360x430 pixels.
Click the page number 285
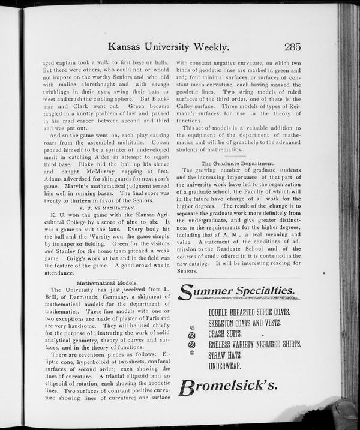293,47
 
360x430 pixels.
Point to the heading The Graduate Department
238,163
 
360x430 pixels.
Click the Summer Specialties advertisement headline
237,292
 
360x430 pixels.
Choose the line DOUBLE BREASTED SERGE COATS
250,312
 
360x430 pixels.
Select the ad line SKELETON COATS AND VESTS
245,323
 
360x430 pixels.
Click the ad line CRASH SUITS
225,333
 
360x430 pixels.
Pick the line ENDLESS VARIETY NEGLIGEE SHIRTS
255,344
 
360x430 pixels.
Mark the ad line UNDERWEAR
226,365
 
